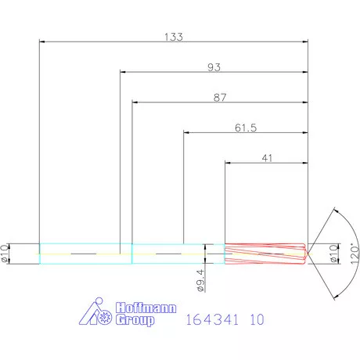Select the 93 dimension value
tap(214, 67)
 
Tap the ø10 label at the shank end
tap(9, 253)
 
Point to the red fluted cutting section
tap(265, 254)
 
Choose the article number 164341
tap(210, 319)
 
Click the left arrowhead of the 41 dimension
tap(229, 162)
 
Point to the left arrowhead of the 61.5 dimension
tap(186, 132)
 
